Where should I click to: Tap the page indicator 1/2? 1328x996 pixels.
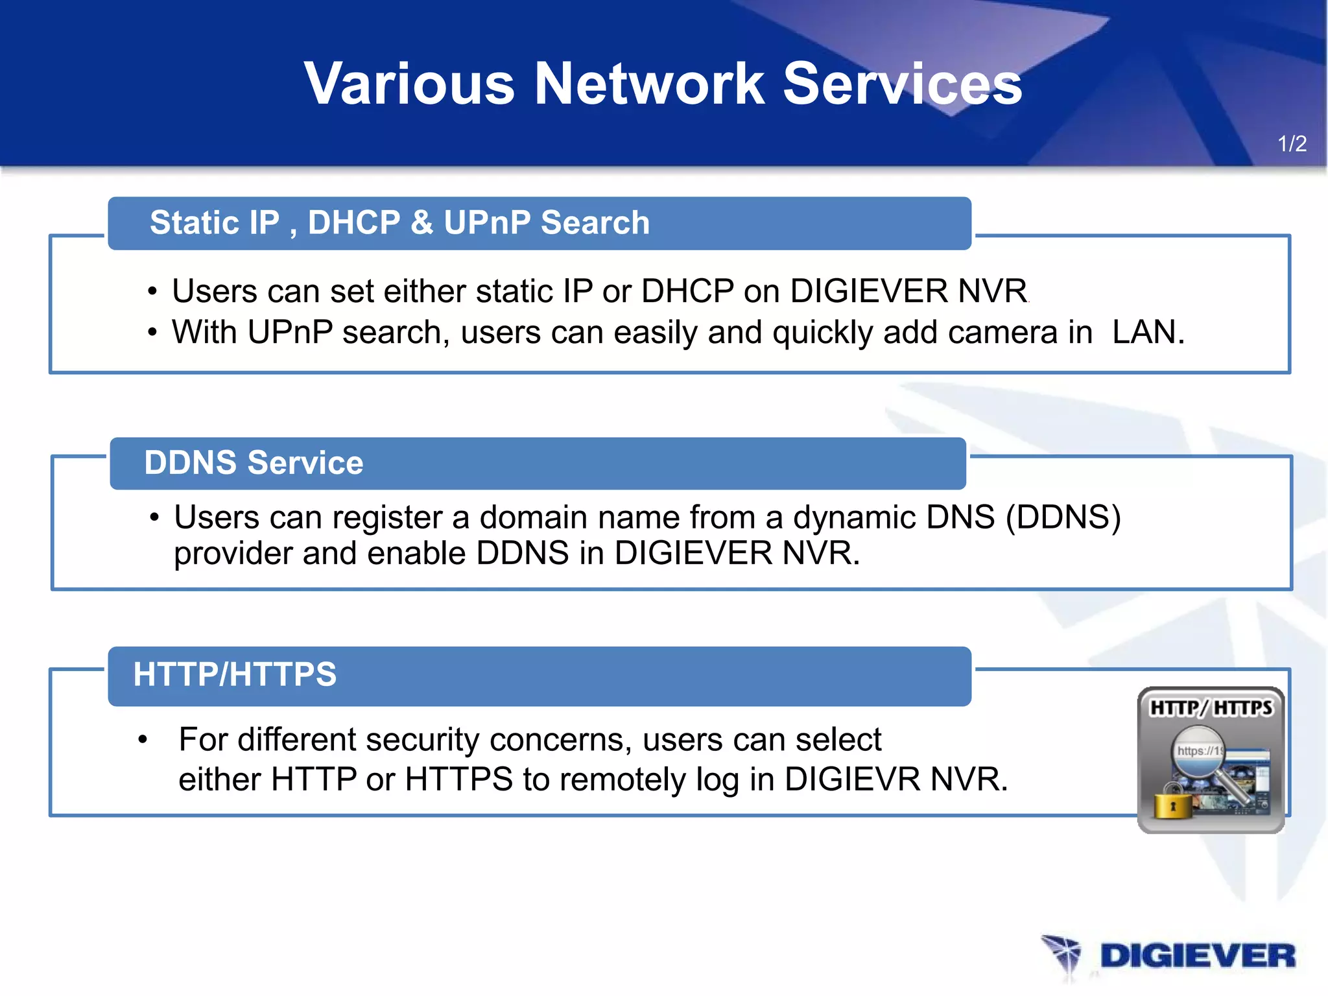pyautogui.click(x=1292, y=143)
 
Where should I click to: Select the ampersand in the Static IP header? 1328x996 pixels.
pyautogui.click(x=421, y=222)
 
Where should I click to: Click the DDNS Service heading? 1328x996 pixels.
pyautogui.click(x=254, y=463)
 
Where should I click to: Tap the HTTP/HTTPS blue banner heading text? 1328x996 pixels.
pyautogui.click(x=235, y=674)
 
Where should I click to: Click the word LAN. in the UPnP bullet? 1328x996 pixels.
pyautogui.click(x=1148, y=332)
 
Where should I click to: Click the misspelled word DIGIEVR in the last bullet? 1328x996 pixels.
pyautogui.click(x=852, y=779)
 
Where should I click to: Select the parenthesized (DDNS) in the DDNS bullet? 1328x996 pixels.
pyautogui.click(x=1063, y=517)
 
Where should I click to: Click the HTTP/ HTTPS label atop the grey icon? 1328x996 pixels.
pyautogui.click(x=1211, y=707)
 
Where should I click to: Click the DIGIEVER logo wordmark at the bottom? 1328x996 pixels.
pyautogui.click(x=1197, y=956)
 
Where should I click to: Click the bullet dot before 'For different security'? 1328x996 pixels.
pyautogui.click(x=143, y=740)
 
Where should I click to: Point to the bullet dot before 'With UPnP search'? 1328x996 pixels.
pyautogui.click(x=152, y=333)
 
